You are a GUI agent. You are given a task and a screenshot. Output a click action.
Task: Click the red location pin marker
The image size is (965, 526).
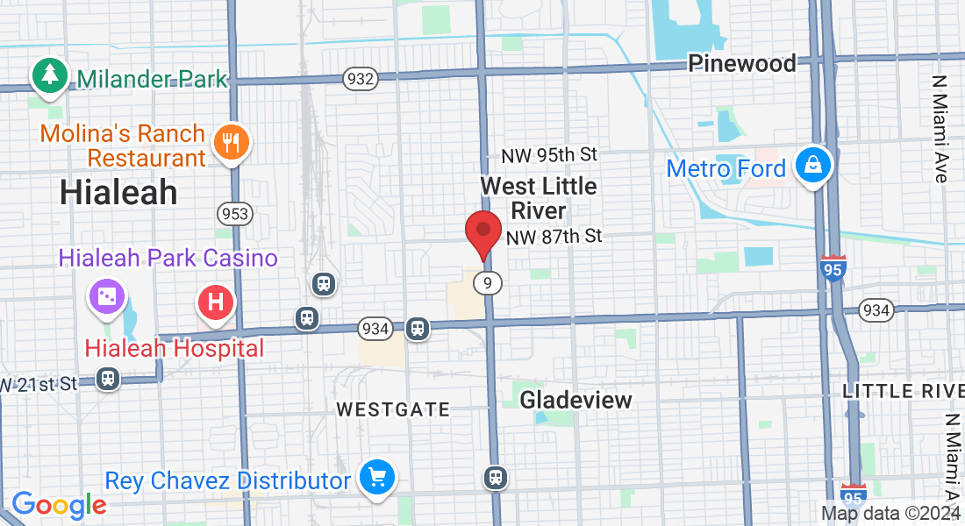tap(482, 232)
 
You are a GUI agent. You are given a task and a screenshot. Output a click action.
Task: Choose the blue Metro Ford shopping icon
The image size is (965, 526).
tap(813, 164)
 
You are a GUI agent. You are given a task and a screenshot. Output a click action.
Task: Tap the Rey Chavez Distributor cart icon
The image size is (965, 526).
tap(378, 478)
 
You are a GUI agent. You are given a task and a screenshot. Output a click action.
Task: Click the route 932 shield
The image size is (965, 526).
tap(360, 79)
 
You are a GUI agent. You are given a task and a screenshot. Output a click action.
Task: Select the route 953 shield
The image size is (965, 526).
tap(236, 213)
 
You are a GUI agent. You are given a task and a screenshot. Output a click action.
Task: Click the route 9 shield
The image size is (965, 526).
tap(488, 282)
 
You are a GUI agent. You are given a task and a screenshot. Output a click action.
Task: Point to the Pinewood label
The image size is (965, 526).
tap(741, 63)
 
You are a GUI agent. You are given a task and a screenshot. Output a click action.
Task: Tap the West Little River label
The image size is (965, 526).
tap(539, 198)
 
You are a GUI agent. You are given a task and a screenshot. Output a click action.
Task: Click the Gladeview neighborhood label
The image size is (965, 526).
tap(575, 401)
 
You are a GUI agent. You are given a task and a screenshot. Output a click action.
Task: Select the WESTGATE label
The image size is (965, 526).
tap(393, 409)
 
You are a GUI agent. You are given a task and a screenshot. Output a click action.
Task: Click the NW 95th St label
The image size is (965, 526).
tap(549, 155)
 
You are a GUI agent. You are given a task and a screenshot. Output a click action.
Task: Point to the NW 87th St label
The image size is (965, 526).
tap(554, 237)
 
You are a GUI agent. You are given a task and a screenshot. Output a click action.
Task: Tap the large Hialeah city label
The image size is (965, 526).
tap(118, 192)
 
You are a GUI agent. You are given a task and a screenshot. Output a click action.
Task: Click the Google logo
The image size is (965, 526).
tap(59, 505)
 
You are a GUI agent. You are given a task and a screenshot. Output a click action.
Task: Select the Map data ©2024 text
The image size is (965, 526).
tap(889, 514)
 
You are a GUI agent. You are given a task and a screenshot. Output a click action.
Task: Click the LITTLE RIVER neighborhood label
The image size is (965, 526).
tap(904, 390)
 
